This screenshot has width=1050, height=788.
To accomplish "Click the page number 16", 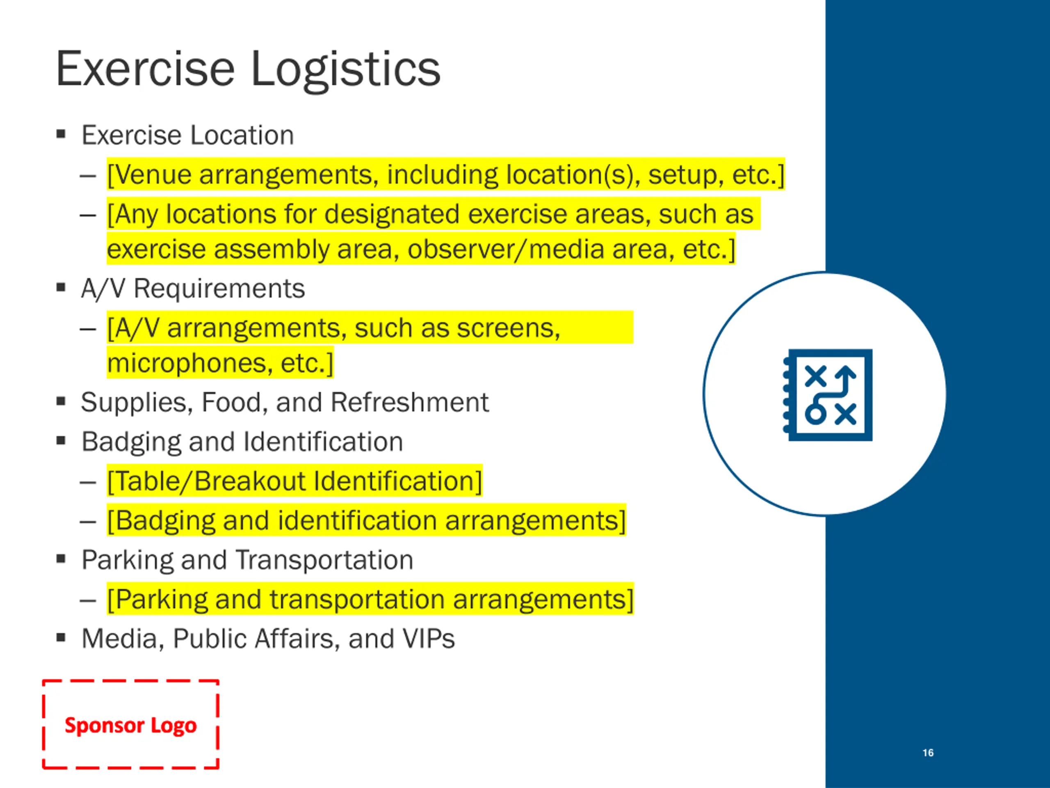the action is click(x=928, y=753).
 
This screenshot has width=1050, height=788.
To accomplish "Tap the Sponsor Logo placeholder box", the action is click(x=130, y=725).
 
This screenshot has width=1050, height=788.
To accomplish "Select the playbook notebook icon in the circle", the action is click(x=827, y=395).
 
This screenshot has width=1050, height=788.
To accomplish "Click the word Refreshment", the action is click(x=409, y=403).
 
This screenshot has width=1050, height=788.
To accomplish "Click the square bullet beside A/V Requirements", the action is click(x=61, y=287).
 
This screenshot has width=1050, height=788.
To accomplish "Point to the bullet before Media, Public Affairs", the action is click(x=61, y=637).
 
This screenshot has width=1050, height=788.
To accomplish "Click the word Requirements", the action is click(x=219, y=289).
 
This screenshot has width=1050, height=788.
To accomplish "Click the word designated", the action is click(x=392, y=214).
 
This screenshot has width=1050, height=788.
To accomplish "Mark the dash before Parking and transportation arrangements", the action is click(x=88, y=600).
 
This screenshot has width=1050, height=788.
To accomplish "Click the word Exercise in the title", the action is click(x=145, y=70).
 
